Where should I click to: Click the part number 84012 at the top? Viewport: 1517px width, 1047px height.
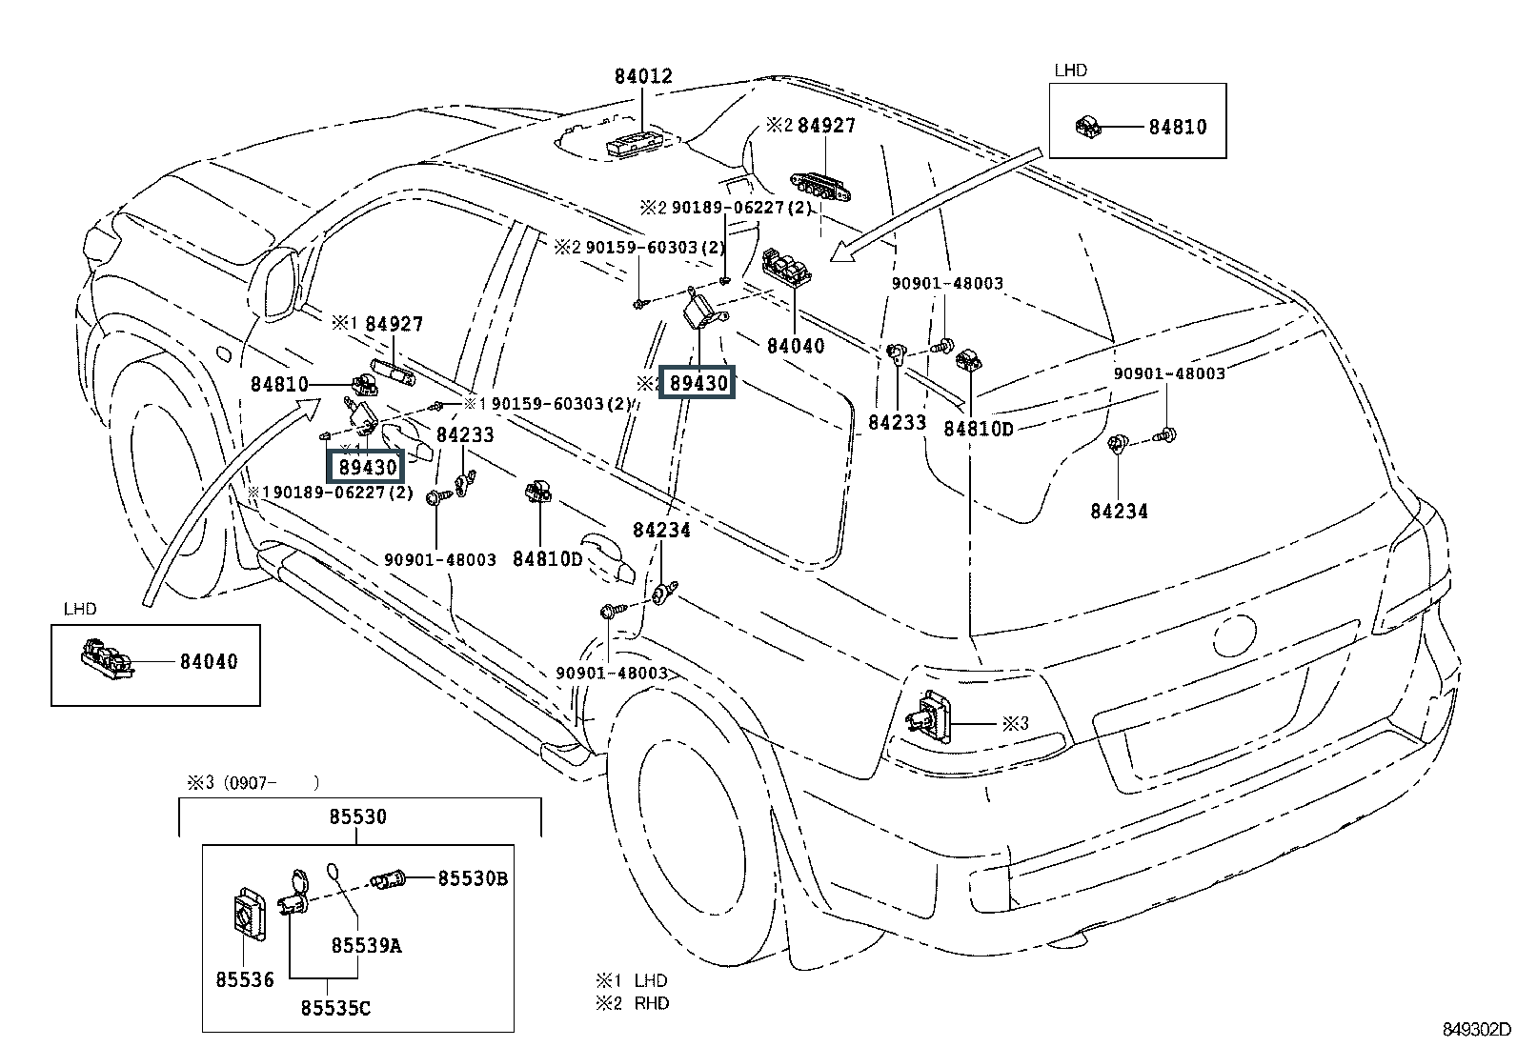pos(643,77)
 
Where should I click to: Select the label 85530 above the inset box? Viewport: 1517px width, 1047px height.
pos(357,816)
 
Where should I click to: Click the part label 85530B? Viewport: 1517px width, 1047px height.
pos(473,878)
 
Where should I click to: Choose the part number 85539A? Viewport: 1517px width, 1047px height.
pos(366,945)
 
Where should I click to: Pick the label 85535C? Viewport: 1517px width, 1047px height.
pos(335,1007)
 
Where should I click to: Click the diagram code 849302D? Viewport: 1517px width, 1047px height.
pos(1476,1029)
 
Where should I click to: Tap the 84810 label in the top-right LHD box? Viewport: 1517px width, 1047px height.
pos(1177,127)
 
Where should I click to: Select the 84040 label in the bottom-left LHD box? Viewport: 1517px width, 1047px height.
pos(209,661)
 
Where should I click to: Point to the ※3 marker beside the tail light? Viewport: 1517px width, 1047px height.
pos(1015,723)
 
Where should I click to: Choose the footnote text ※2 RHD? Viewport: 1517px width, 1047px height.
pos(633,1003)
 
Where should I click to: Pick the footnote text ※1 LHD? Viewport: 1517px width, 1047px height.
pos(633,980)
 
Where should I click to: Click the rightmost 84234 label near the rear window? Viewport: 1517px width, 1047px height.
pos(1119,512)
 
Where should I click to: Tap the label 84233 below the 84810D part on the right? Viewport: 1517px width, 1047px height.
pos(897,422)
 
